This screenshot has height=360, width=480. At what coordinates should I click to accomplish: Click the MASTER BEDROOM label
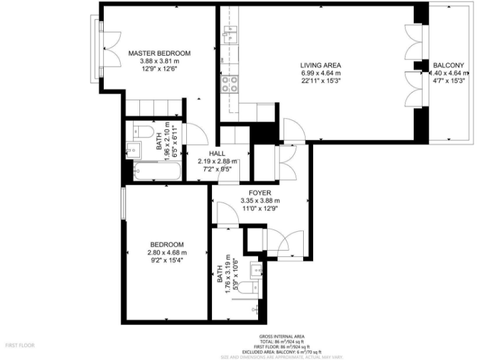(x=159, y=53)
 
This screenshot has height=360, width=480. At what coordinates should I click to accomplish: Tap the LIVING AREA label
(x=320, y=65)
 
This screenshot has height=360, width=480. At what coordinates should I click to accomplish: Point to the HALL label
(x=217, y=153)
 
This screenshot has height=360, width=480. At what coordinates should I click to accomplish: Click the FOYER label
(x=259, y=192)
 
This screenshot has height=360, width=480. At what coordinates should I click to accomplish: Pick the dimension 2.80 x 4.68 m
(x=167, y=252)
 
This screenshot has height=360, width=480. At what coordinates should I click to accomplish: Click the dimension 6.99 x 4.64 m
(x=320, y=73)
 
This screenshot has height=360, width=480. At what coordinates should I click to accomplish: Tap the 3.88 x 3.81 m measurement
(x=159, y=61)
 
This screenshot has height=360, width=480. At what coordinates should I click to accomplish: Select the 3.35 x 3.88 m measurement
(x=259, y=201)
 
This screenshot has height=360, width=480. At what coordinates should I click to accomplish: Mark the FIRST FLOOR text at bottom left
(x=20, y=345)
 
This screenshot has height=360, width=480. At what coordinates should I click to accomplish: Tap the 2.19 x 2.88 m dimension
(x=217, y=161)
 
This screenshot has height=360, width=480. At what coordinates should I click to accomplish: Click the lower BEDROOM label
(x=167, y=244)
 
